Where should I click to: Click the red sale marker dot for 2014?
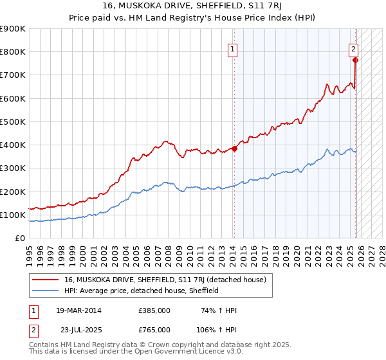pos(234,148)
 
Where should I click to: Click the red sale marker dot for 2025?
pos(356,60)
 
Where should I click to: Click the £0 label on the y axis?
pos(20,239)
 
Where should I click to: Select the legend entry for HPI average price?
pos(142,291)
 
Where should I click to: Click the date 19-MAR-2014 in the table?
pos(78,310)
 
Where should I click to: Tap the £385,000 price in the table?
pos(154,310)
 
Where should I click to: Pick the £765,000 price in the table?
pos(154,329)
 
